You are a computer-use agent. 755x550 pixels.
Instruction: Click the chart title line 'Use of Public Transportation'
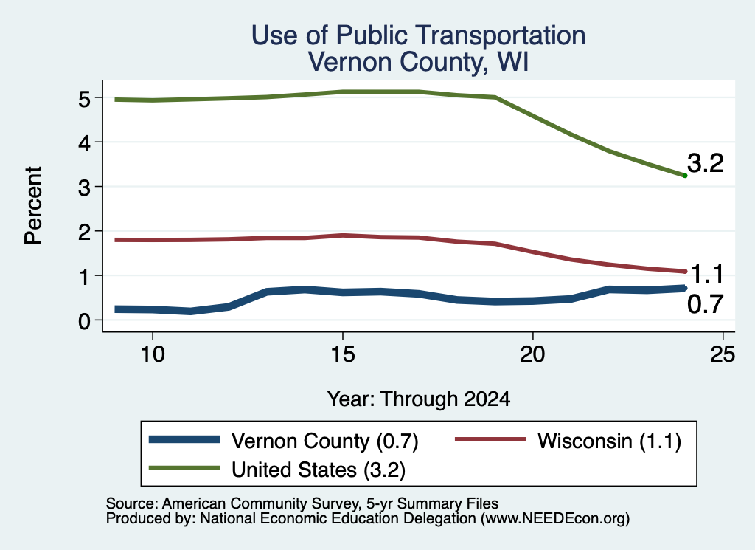click(x=419, y=35)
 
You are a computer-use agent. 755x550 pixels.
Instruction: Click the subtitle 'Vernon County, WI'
click(x=419, y=62)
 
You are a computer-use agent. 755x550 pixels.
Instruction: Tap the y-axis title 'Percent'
click(x=34, y=206)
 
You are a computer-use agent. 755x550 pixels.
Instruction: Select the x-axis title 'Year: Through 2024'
click(x=419, y=399)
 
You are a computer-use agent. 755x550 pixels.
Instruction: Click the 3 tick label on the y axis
click(x=84, y=187)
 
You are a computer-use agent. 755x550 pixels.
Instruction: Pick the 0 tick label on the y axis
click(x=84, y=320)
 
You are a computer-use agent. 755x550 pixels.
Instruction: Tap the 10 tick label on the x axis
click(x=153, y=354)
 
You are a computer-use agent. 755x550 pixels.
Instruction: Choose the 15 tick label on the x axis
click(x=343, y=354)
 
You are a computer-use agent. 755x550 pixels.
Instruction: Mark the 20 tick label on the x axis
click(x=532, y=354)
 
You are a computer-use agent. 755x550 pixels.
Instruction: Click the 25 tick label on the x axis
click(x=723, y=354)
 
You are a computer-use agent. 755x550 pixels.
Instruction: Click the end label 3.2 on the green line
click(x=706, y=163)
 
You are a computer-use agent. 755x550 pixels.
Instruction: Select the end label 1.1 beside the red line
click(x=707, y=275)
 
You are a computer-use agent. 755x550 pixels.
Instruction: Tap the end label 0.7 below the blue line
click(x=706, y=304)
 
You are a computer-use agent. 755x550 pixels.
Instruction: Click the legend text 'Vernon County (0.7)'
click(x=325, y=441)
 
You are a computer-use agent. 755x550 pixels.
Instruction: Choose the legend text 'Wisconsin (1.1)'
click(x=610, y=441)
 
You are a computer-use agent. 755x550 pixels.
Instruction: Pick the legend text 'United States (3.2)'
click(x=319, y=470)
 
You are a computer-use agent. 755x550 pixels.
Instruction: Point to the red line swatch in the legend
click(x=490, y=439)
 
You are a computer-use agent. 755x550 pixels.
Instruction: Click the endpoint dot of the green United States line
click(x=685, y=176)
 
